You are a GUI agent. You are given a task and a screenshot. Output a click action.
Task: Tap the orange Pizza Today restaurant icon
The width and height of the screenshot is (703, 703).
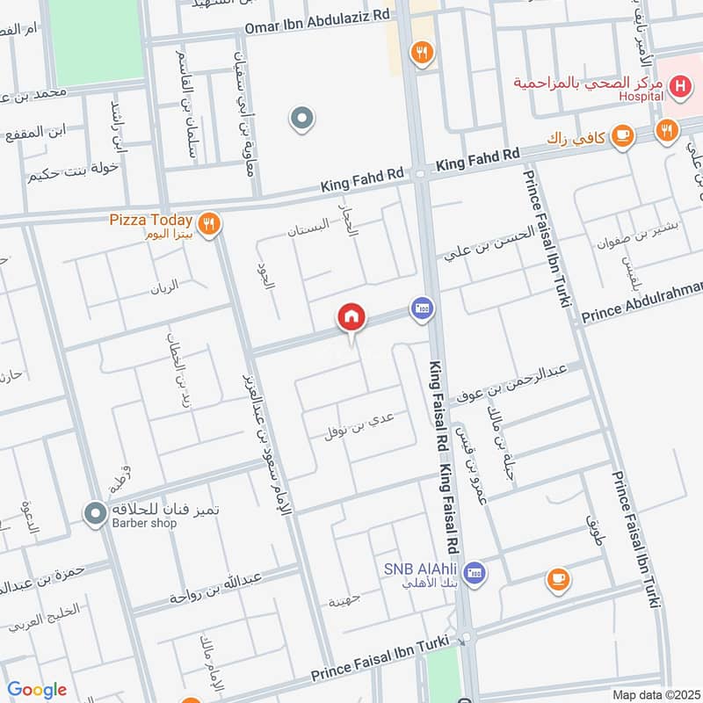(208, 223)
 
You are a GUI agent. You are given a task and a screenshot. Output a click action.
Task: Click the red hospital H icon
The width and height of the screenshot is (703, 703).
(678, 86)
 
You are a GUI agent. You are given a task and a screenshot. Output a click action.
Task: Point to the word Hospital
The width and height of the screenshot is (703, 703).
(640, 98)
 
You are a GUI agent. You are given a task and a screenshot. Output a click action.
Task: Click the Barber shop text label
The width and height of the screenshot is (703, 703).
(143, 524)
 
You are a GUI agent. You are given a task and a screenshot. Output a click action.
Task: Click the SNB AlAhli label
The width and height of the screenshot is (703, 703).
(422, 568)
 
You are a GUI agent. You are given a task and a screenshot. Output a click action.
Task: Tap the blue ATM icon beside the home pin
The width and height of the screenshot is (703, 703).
(421, 308)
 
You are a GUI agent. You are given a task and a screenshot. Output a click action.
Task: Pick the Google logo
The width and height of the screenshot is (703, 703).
(37, 690)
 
